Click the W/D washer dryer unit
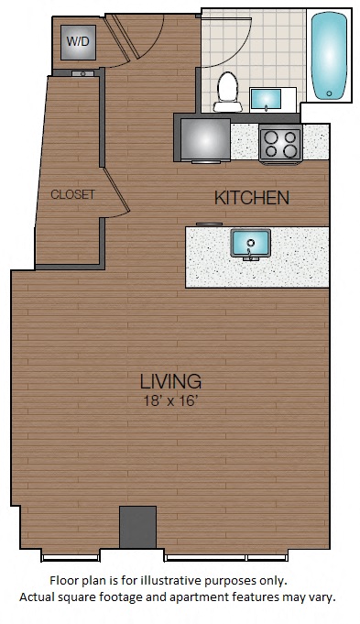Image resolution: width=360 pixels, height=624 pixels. tap(78, 42)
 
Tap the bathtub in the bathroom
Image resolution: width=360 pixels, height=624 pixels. tap(329, 56)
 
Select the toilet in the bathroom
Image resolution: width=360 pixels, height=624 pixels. tap(227, 92)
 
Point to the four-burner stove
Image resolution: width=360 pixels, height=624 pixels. tap(280, 143)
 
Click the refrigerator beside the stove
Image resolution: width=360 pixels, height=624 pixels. tap(205, 139)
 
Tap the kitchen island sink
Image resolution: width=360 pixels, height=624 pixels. tap(251, 243)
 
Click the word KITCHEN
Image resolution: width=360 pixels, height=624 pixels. tap(252, 198)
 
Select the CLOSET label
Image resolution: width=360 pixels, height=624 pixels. tap(72, 194)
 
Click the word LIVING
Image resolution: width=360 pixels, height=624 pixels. tap(170, 381)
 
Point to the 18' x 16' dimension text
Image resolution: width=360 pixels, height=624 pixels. tap(171, 400)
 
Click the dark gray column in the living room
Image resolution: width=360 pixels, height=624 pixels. tap(137, 527)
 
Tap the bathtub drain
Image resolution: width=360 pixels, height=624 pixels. tap(329, 93)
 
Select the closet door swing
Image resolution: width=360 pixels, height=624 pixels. tap(115, 191)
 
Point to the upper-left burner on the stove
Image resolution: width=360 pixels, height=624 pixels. tap(271, 137)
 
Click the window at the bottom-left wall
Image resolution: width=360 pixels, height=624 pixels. tap(71, 557)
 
